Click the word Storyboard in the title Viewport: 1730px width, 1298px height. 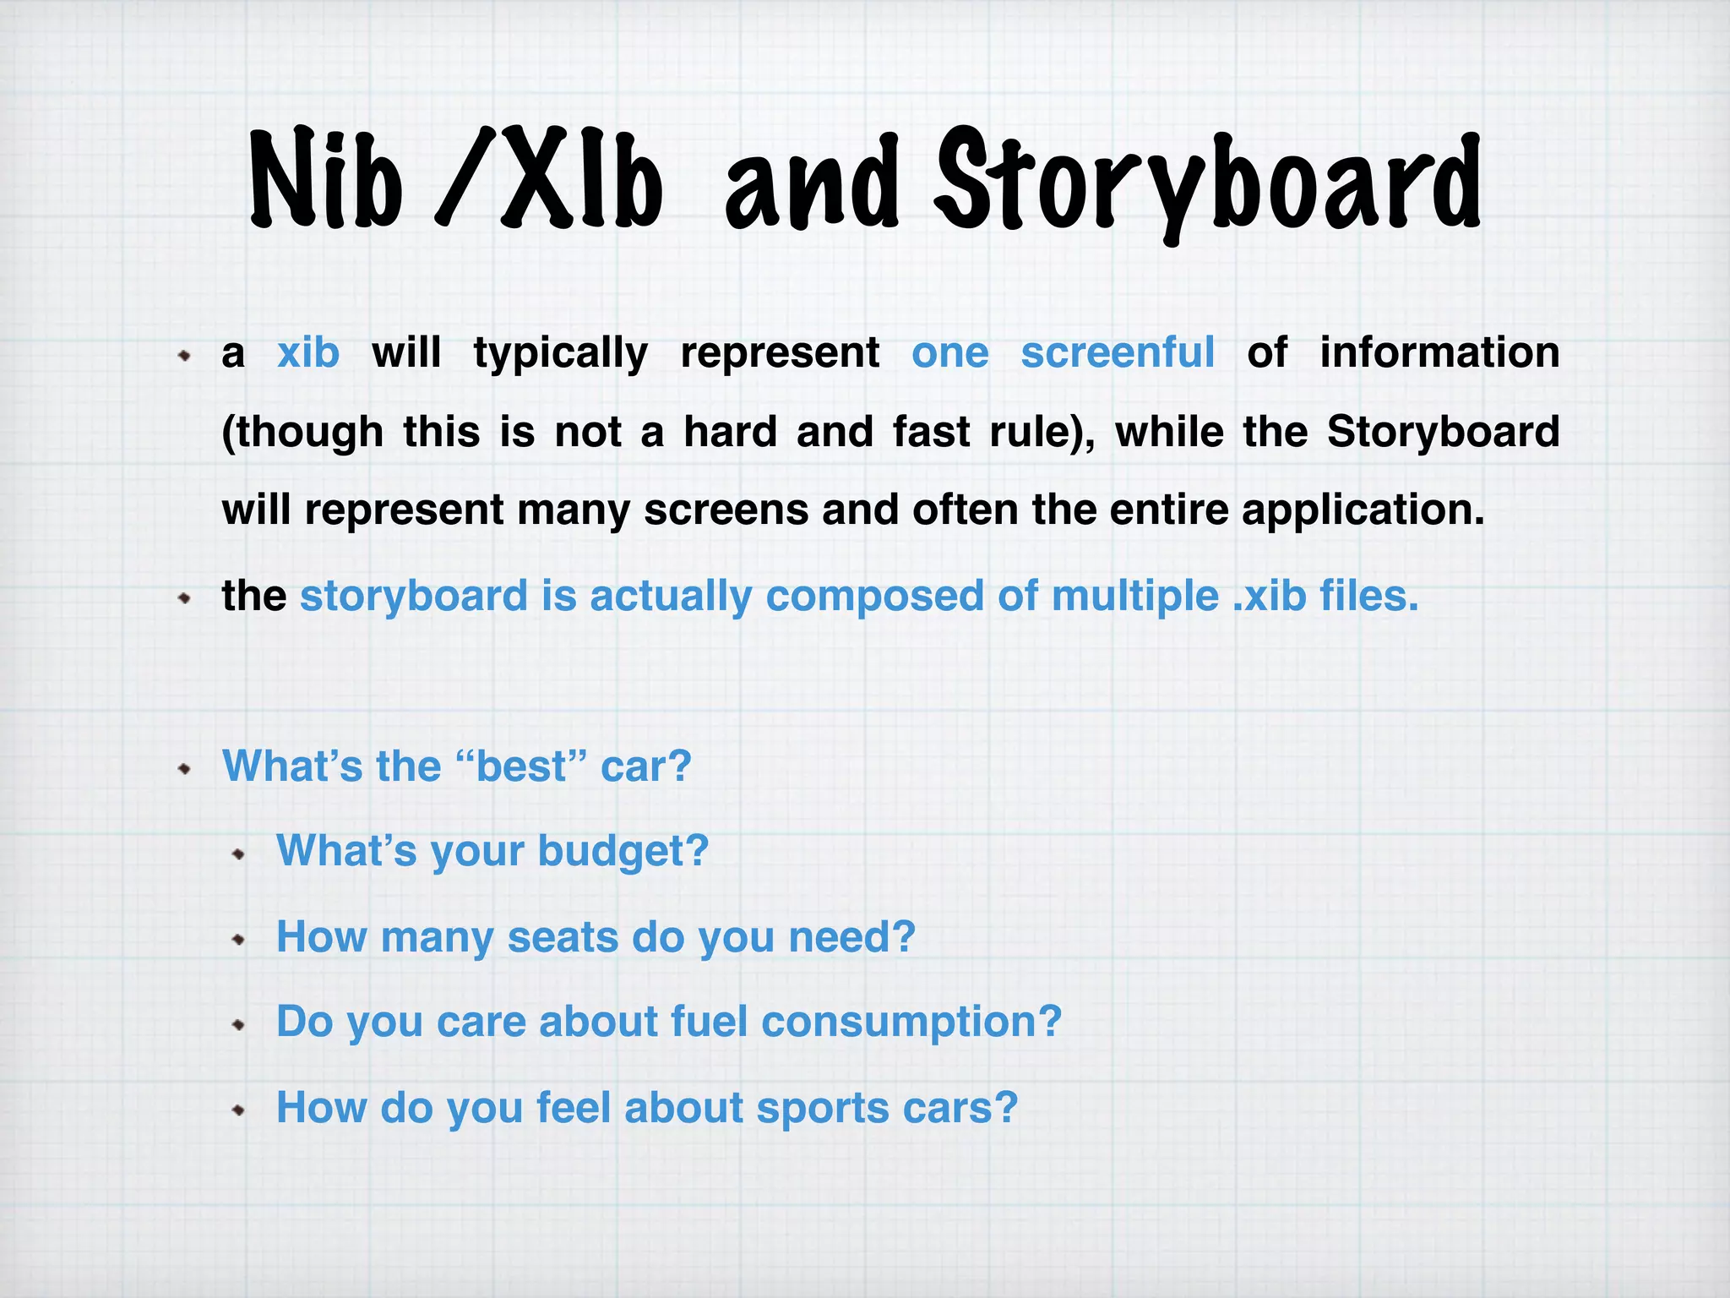(x=1208, y=182)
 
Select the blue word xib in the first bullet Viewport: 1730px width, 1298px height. (x=308, y=352)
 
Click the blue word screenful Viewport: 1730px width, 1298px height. (x=1118, y=352)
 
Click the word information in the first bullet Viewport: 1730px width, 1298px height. (x=1439, y=352)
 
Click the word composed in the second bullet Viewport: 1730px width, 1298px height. (x=874, y=597)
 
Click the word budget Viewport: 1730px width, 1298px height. (x=623, y=851)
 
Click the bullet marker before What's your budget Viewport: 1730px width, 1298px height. (x=239, y=854)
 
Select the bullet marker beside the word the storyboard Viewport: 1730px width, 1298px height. (x=185, y=599)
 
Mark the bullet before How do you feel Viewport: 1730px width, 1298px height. (x=239, y=1110)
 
